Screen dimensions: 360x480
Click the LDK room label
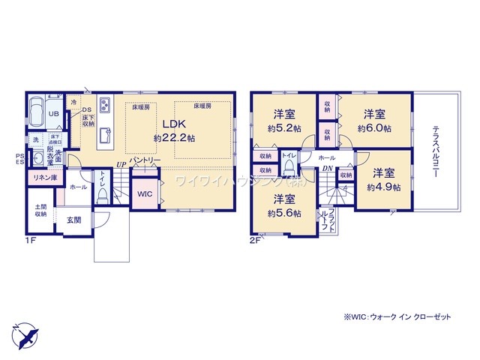pyautogui.click(x=175, y=124)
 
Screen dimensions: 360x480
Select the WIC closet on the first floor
pyautogui.click(x=144, y=193)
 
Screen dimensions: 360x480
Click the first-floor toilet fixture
pyautogui.click(x=102, y=193)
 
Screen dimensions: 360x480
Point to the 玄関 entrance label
pyautogui.click(x=73, y=220)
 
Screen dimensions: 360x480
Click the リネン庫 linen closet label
pyautogui.click(x=44, y=178)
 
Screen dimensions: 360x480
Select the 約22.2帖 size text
pyautogui.click(x=175, y=139)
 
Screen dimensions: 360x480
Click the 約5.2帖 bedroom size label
pyautogui.click(x=283, y=128)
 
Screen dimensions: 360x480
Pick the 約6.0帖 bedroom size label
pyautogui.click(x=374, y=128)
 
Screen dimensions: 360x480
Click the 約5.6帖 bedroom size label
pyautogui.click(x=283, y=213)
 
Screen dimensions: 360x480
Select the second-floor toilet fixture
pyautogui.click(x=289, y=169)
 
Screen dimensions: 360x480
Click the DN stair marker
pyautogui.click(x=328, y=169)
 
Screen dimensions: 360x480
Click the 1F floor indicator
pyautogui.click(x=31, y=241)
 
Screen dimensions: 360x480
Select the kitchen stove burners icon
pyautogui.click(x=104, y=103)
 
